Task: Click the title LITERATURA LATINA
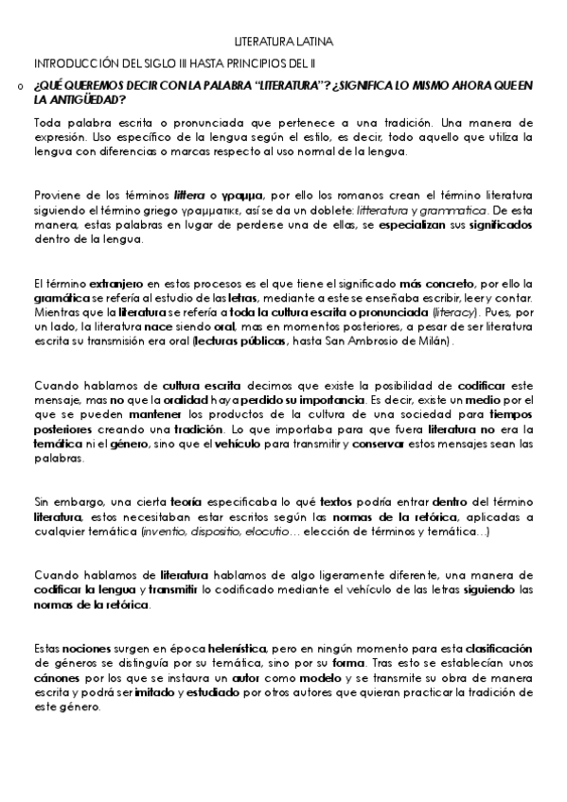284,43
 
